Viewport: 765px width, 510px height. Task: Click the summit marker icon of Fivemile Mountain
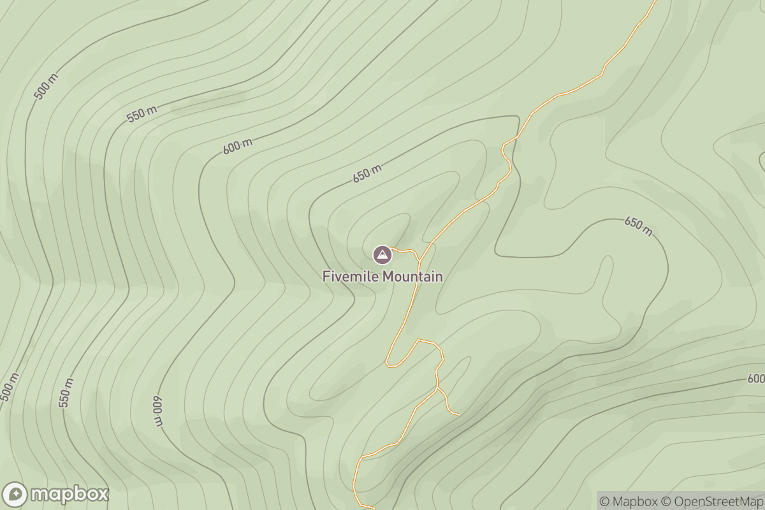click(x=382, y=255)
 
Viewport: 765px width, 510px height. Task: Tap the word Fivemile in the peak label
click(x=349, y=277)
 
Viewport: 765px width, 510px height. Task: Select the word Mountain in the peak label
click(x=411, y=277)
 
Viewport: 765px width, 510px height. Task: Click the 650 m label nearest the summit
click(x=367, y=173)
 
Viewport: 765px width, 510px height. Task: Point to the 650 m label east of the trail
click(x=638, y=226)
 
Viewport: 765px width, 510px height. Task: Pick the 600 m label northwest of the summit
click(x=238, y=146)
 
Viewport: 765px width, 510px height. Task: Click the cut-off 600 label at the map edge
click(x=756, y=379)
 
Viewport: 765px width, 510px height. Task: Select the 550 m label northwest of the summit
click(x=142, y=115)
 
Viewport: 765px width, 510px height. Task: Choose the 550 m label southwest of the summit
click(x=66, y=393)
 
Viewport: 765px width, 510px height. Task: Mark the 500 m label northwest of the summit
click(x=46, y=87)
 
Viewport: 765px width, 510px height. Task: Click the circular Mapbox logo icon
click(x=15, y=494)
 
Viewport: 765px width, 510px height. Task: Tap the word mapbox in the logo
click(x=69, y=495)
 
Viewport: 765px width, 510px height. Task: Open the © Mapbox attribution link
click(x=628, y=501)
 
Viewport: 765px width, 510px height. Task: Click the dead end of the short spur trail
click(x=459, y=415)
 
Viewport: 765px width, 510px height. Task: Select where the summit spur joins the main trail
click(x=419, y=261)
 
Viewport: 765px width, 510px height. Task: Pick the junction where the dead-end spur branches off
click(x=437, y=388)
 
